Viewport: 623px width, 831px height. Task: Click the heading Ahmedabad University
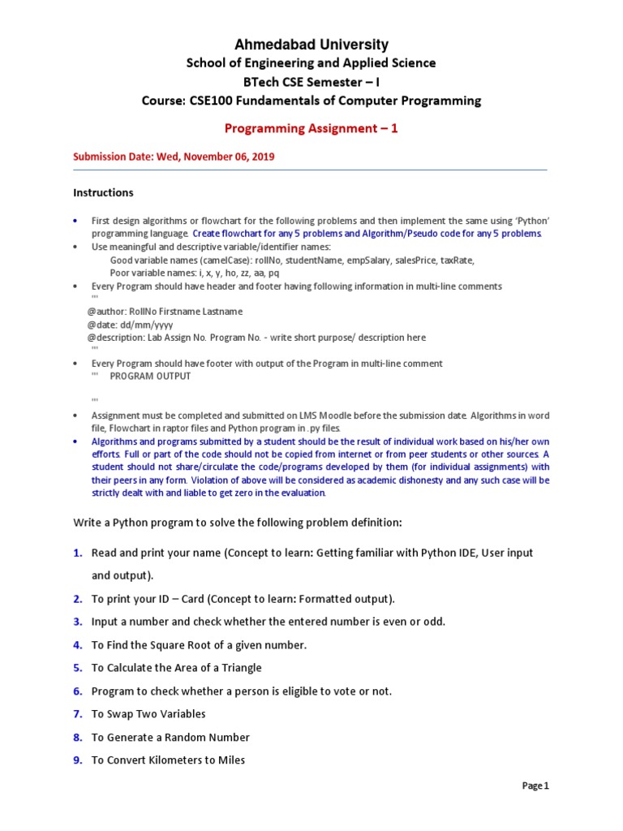[311, 45]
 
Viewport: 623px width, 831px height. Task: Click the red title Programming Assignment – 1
[311, 128]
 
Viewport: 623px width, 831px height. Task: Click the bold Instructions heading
[103, 193]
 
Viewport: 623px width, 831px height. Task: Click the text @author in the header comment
[108, 312]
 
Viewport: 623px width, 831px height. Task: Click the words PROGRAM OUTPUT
[150, 377]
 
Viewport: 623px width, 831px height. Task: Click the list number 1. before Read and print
[77, 553]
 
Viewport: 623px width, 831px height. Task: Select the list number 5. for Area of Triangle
[77, 668]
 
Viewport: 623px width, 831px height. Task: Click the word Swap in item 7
[118, 714]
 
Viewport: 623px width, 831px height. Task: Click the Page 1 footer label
[535, 786]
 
